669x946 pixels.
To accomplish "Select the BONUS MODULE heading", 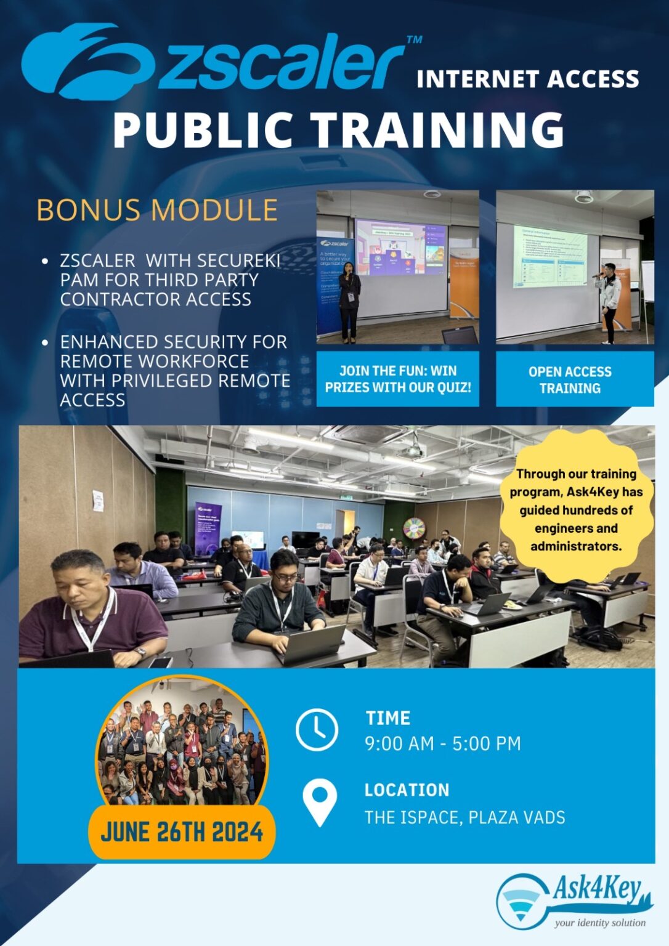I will tap(157, 210).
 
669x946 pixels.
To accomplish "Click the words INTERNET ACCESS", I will tap(528, 79).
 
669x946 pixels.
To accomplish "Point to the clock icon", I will tap(317, 730).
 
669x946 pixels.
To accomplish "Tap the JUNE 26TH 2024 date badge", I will tap(182, 832).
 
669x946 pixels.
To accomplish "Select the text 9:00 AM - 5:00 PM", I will tap(443, 744).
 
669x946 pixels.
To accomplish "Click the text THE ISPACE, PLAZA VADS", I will tap(464, 818).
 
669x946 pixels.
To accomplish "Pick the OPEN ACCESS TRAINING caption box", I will tap(574, 379).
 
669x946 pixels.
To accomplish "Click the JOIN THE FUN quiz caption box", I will tap(398, 379).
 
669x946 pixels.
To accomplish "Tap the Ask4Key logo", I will tap(574, 900).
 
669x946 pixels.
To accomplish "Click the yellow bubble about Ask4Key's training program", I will tap(576, 509).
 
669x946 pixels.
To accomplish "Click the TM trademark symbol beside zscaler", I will tap(414, 39).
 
